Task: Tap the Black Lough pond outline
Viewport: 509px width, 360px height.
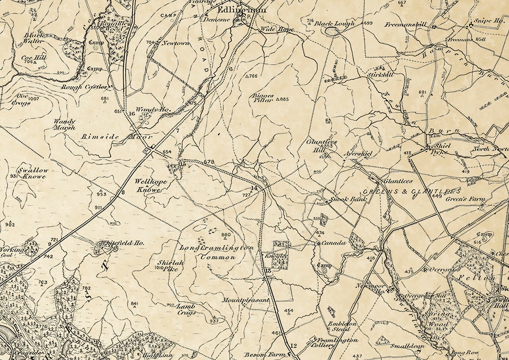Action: pyautogui.click(x=332, y=31)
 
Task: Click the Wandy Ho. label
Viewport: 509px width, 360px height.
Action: pyautogui.click(x=147, y=109)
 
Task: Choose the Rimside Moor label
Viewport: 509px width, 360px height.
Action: pyautogui.click(x=117, y=136)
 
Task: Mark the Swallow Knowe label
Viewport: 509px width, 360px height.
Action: pyautogui.click(x=33, y=173)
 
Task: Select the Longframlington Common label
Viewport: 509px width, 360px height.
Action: pyautogui.click(x=217, y=252)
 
